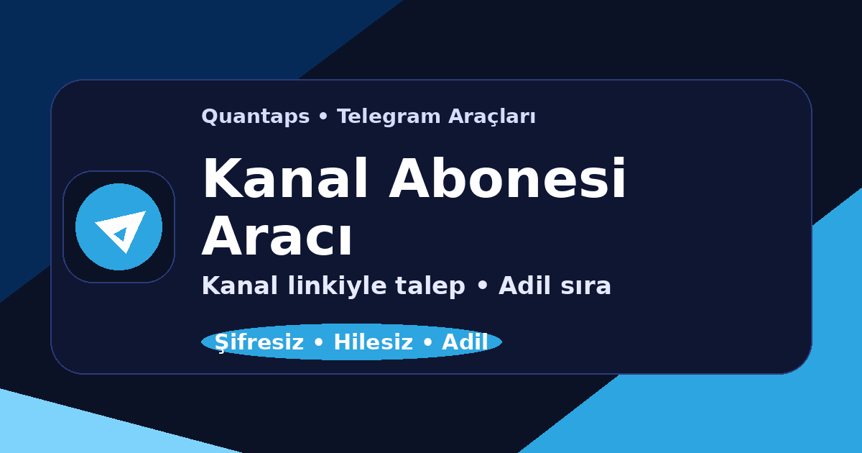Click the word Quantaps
(x=255, y=116)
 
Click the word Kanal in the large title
(x=287, y=180)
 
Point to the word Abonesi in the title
(x=508, y=180)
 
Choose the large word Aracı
(x=277, y=237)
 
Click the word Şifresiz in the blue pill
(x=259, y=342)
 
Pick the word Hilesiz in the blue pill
(x=373, y=342)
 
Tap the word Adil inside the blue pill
(x=465, y=342)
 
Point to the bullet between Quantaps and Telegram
(x=323, y=117)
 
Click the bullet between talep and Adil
(x=482, y=287)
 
